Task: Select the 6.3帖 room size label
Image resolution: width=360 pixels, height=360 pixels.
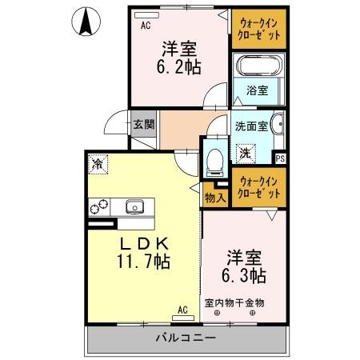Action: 244,268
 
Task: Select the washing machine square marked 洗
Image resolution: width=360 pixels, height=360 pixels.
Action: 246,150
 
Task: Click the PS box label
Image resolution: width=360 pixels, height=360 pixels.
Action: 281,158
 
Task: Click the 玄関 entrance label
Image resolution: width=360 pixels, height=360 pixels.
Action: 143,124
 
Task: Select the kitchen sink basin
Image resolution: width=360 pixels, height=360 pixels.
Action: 133,206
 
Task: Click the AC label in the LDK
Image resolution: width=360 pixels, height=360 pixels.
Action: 182,309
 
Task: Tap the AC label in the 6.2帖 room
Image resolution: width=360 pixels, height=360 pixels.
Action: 146,25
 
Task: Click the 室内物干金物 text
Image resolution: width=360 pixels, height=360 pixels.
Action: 234,302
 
